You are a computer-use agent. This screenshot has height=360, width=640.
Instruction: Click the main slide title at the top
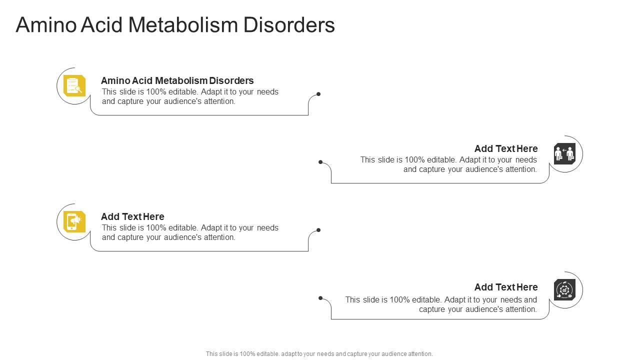(175, 25)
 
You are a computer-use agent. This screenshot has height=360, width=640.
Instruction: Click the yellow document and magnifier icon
(74, 85)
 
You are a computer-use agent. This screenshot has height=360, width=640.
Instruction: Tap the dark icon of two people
(564, 153)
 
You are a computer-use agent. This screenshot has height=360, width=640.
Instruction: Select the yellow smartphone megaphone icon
(74, 221)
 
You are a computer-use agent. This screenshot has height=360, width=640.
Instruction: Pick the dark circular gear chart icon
(564, 289)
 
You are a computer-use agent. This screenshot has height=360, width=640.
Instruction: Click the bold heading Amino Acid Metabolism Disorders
(177, 80)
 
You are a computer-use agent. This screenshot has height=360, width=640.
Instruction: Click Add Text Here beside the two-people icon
(506, 148)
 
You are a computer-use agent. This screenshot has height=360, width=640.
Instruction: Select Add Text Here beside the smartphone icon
(132, 216)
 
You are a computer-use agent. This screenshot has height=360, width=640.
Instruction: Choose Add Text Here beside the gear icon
(506, 287)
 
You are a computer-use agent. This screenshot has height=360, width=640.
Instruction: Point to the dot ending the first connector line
(318, 94)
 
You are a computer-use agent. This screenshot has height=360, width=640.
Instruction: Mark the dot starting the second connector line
(320, 162)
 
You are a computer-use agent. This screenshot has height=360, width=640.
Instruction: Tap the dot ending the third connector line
(318, 230)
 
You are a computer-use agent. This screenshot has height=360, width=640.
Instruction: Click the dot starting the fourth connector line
(320, 298)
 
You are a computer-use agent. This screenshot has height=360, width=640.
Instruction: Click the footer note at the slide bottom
(319, 353)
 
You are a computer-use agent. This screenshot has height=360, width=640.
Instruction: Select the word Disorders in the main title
(289, 25)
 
